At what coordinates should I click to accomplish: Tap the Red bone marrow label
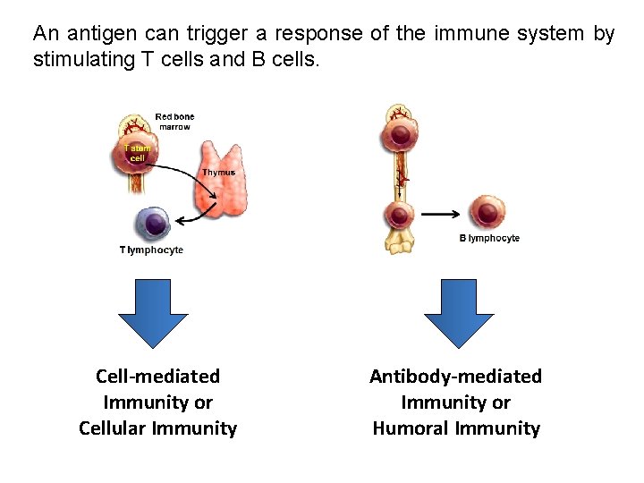(x=174, y=122)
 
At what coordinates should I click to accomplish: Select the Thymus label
(x=219, y=172)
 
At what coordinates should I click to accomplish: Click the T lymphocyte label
(x=151, y=250)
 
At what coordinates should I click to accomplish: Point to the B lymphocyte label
(x=489, y=239)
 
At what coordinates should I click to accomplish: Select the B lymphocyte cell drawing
(x=487, y=213)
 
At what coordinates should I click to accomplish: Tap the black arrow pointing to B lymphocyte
(x=441, y=214)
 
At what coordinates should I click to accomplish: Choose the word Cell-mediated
(x=157, y=377)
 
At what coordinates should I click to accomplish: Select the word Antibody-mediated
(x=455, y=377)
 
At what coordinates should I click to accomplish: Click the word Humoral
(x=413, y=428)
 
